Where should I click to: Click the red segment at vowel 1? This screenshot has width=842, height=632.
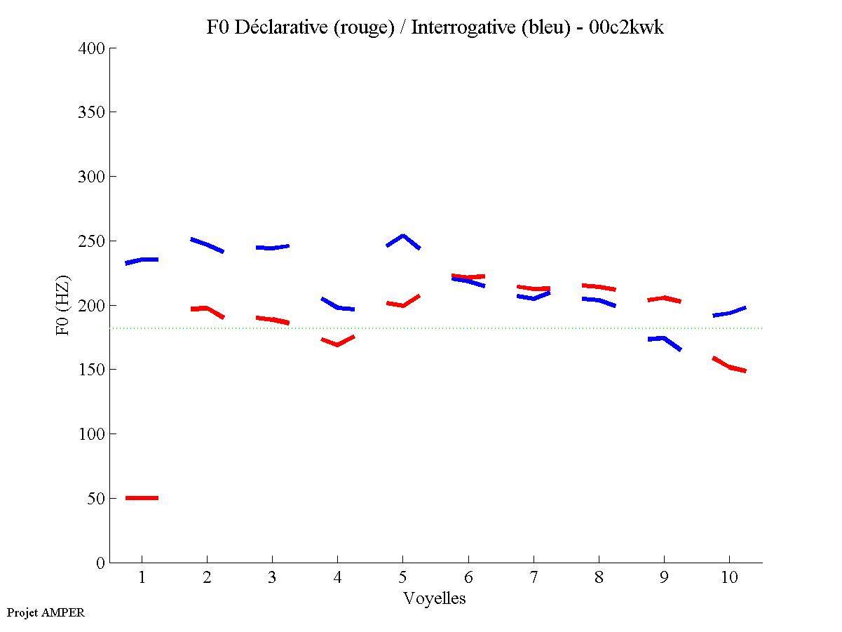point(142,498)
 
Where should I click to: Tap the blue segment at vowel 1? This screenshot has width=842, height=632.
point(142,260)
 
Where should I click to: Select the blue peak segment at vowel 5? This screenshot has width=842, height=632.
point(402,236)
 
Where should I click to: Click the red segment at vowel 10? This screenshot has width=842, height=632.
point(729,366)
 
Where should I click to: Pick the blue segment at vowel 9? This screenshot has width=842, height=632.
point(663,339)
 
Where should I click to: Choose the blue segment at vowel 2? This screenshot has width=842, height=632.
point(207,244)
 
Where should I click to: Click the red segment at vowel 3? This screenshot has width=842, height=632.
point(272,319)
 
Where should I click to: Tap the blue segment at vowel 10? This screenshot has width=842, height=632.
point(729,312)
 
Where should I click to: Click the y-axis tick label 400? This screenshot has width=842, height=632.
point(92,48)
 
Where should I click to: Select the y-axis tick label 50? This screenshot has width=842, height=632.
point(96,499)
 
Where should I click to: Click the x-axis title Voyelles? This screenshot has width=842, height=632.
point(435,598)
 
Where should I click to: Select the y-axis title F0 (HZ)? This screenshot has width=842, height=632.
point(64,304)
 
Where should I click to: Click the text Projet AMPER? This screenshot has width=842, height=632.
point(46,612)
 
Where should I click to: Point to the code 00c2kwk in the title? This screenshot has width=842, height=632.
point(626,27)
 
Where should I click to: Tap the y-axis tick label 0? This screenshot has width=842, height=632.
point(101,563)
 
